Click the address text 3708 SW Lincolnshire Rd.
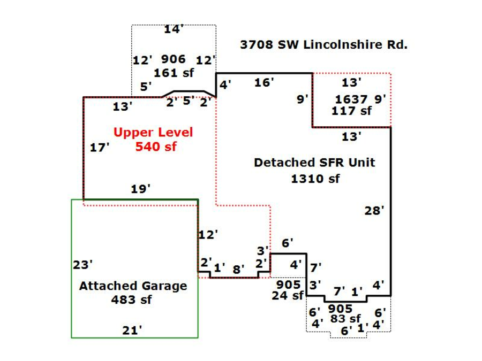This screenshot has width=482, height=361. pos(323,45)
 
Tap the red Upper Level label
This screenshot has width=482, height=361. pos(153,132)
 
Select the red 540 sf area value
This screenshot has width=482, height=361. pos(155,146)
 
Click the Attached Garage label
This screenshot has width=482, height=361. pos(133,286)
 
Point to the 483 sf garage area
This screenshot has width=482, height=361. pos(131,299)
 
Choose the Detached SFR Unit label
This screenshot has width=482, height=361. pos(314,163)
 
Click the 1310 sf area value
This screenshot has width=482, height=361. pos(315,179)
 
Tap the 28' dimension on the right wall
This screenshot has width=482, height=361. pos(374,211)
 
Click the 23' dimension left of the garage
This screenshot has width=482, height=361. pos(83,265)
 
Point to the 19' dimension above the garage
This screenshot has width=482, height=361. pos(140,189)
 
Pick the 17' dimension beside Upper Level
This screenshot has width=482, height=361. pos(100,148)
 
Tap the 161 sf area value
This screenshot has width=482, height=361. pos(174,73)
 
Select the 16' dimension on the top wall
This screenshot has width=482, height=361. pos(264,82)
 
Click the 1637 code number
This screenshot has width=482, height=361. pos(351,99)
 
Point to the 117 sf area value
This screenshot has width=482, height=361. pos(351,111)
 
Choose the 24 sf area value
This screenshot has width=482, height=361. pos(288,295)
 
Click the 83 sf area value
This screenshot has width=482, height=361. pos(345,319)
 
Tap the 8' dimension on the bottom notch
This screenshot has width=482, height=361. pos(237,270)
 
